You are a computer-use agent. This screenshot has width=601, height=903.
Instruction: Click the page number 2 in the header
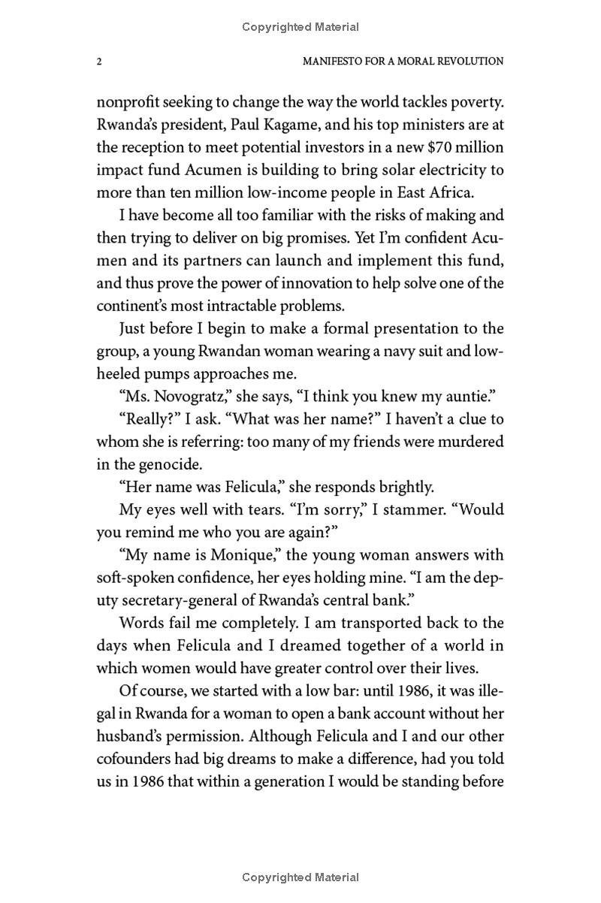tap(99, 62)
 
